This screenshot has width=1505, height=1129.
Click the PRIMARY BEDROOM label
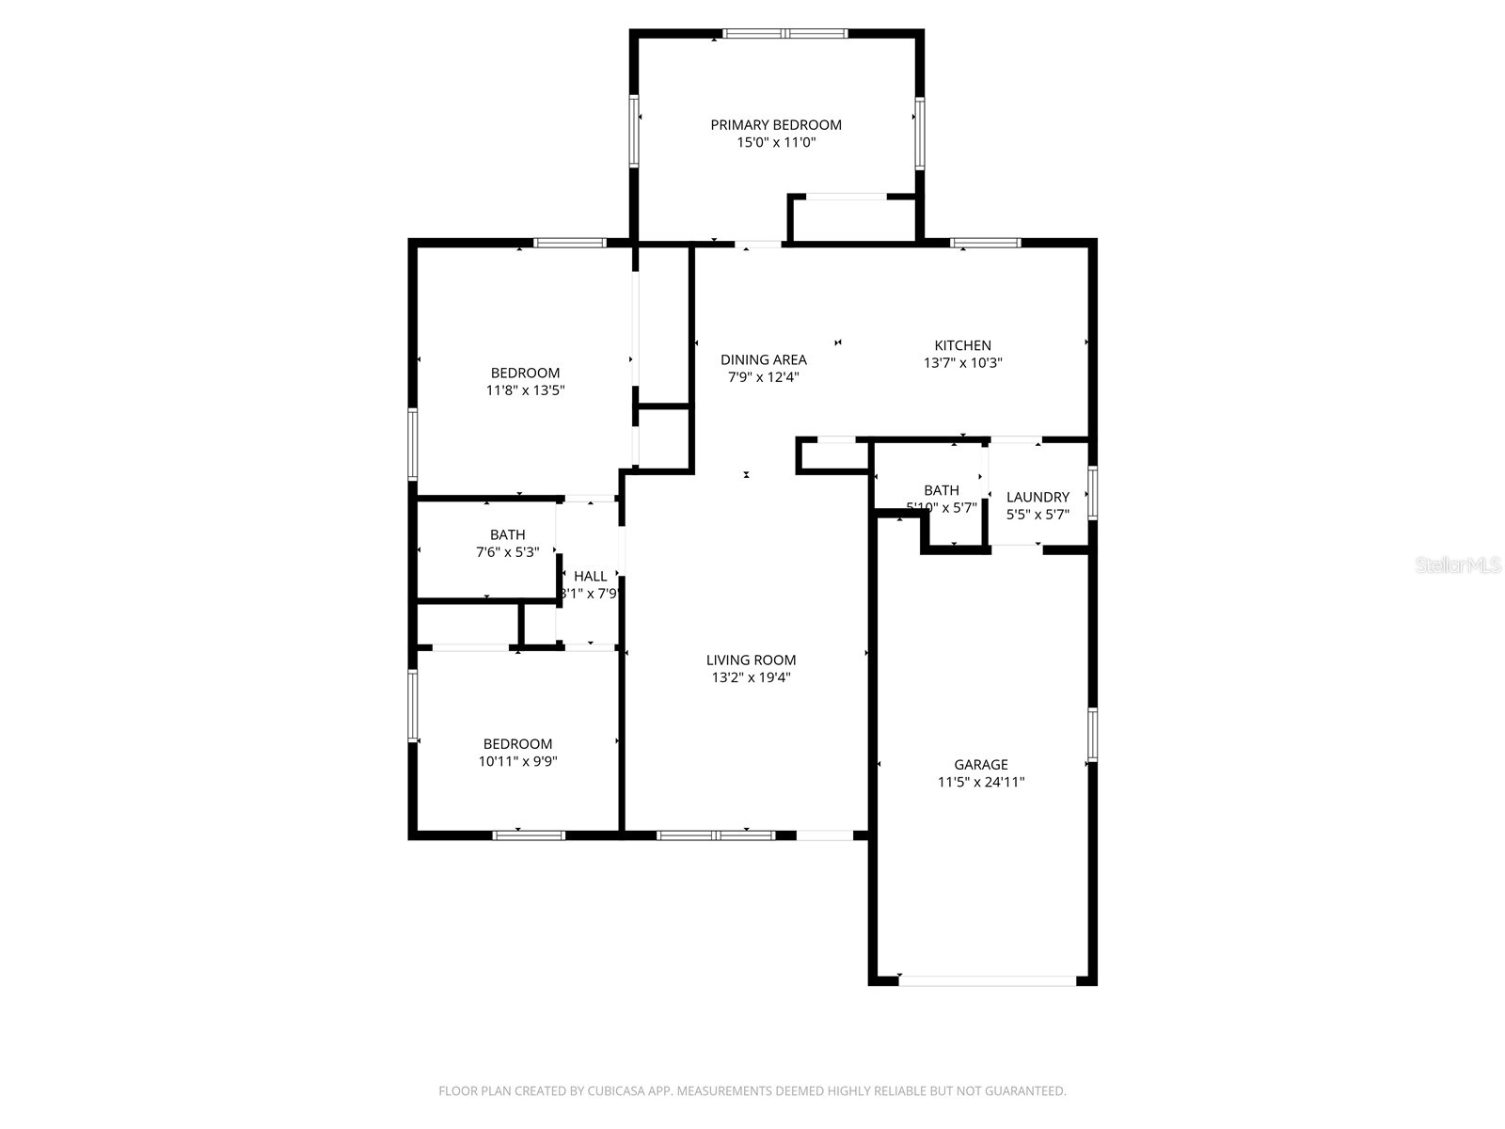tap(775, 124)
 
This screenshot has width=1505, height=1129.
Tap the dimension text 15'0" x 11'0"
tap(775, 143)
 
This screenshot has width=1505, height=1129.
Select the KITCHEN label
tap(962, 345)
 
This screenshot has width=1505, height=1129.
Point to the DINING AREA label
tap(763, 359)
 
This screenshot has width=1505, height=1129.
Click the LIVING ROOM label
tap(751, 660)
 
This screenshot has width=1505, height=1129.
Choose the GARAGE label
tap(980, 765)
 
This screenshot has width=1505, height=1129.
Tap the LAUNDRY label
tap(1038, 497)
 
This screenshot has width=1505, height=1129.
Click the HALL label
tap(590, 577)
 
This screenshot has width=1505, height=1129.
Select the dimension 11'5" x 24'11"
tap(980, 782)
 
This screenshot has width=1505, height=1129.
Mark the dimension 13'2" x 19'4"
tap(751, 677)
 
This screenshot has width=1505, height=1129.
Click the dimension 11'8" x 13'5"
tap(525, 390)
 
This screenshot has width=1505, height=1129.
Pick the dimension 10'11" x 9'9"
tap(517, 761)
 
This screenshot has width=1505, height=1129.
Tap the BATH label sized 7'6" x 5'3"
tap(507, 535)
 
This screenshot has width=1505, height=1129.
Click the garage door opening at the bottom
tap(987, 980)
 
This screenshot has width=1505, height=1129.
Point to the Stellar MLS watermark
tap(1458, 565)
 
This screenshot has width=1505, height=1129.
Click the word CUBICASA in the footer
tap(615, 1091)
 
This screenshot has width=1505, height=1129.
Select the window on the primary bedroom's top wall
tap(784, 34)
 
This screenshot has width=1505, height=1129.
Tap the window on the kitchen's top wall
tap(985, 243)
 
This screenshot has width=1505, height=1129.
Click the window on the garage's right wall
tap(1092, 734)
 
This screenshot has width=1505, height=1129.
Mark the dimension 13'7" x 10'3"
tap(962, 362)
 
